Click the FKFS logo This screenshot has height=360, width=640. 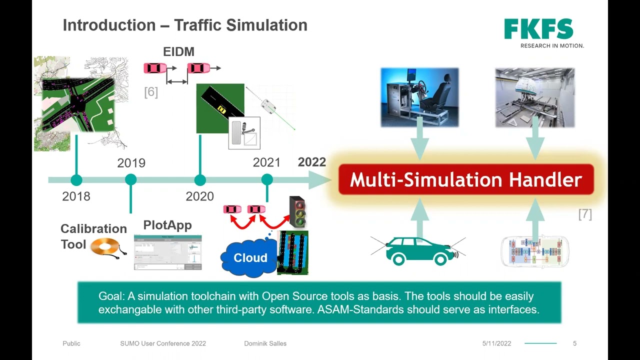(539, 30)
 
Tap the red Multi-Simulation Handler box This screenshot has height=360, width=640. (466, 179)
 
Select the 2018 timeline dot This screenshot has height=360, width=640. (76, 180)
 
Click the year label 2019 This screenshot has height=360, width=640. (131, 163)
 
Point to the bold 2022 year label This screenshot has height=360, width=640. (311, 162)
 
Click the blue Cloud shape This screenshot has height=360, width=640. (249, 257)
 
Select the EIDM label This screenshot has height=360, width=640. (178, 52)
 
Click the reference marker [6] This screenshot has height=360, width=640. (150, 92)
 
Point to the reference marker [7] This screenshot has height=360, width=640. (584, 214)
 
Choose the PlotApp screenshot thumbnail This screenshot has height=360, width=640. (168, 252)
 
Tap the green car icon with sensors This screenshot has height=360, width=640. (418, 250)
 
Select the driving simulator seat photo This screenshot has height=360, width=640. (419, 97)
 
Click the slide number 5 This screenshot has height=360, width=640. (574, 343)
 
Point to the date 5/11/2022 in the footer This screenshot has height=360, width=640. (496, 343)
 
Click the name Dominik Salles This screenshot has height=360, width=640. (265, 343)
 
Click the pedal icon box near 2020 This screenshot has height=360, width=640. (244, 133)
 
